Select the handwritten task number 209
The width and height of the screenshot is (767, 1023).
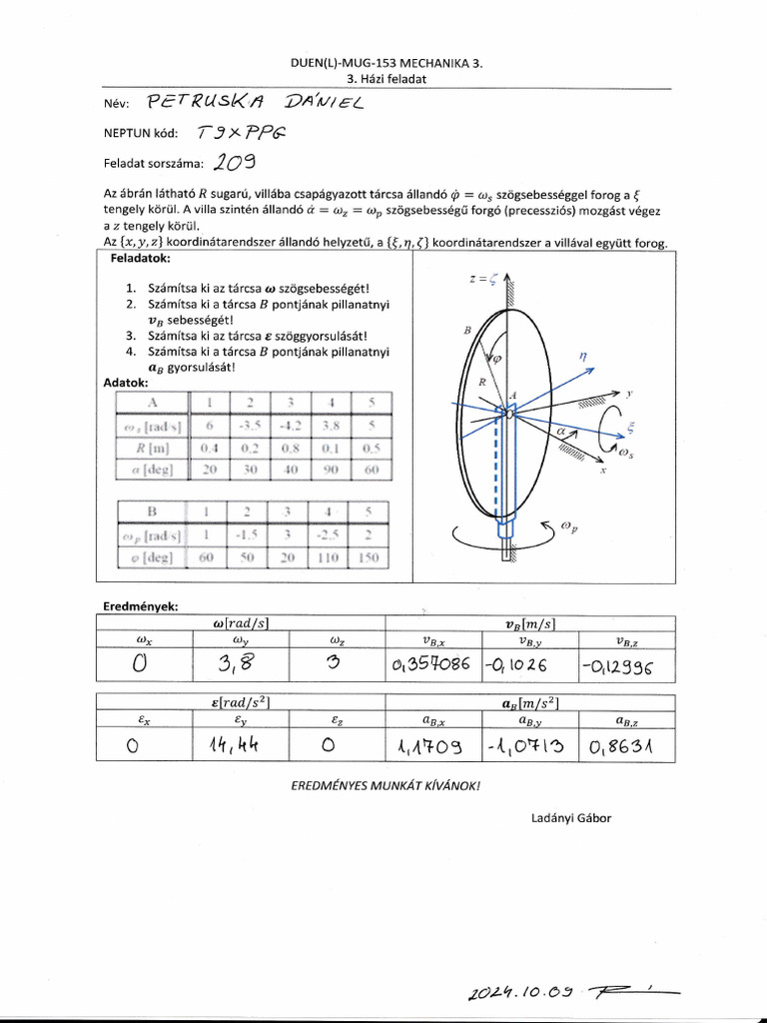(x=233, y=163)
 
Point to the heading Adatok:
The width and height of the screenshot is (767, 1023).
(x=126, y=383)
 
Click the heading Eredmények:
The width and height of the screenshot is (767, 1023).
(x=140, y=605)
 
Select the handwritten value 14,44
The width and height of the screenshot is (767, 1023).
(x=239, y=743)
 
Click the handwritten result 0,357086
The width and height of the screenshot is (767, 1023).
(x=431, y=665)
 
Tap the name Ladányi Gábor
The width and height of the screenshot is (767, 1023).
(x=571, y=818)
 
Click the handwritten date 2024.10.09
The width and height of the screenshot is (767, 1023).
(x=518, y=992)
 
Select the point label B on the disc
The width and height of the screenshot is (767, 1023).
(x=466, y=329)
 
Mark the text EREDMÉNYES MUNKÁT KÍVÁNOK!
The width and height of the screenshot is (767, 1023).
(x=384, y=785)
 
